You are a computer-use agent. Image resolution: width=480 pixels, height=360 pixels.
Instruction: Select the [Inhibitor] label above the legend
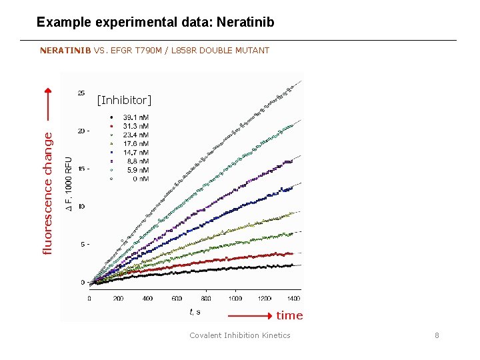tap(124, 101)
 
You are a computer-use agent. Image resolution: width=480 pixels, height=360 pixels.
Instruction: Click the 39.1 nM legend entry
tap(135, 117)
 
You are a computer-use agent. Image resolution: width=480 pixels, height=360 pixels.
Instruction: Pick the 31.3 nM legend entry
tap(135, 126)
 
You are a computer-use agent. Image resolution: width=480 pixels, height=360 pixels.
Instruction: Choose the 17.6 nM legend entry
tap(135, 143)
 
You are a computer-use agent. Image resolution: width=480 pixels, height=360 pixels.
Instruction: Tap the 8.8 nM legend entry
tap(135, 161)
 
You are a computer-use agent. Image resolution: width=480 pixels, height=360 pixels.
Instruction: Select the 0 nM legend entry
tap(135, 178)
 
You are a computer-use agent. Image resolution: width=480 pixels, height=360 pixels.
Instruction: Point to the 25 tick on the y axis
tap(81, 93)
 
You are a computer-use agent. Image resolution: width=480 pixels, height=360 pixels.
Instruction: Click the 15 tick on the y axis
tap(81, 169)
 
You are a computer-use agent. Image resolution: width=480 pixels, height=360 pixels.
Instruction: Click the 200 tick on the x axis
tap(119, 299)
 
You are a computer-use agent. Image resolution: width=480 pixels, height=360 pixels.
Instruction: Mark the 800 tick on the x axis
tap(206, 299)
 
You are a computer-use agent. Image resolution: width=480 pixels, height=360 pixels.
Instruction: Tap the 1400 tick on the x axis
tap(293, 299)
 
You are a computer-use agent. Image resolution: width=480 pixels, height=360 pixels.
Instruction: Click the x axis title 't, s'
tap(195, 311)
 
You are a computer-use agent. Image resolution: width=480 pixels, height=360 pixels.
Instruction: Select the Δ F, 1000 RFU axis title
tap(69, 185)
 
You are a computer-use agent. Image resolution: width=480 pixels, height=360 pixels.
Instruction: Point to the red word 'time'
tap(289, 315)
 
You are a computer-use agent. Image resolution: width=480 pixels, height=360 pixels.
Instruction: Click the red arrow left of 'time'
tap(251, 315)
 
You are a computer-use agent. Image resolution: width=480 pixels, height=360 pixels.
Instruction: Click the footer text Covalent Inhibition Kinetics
tap(240, 335)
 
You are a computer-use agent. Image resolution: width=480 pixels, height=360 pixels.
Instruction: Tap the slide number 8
tap(437, 335)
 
